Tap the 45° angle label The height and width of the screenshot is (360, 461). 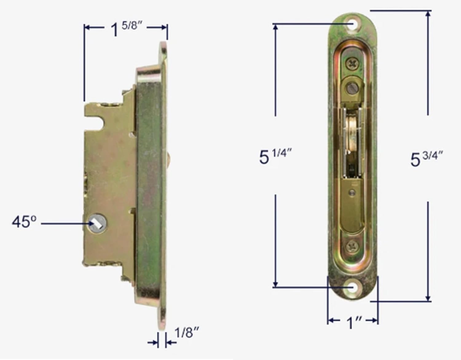click(24, 222)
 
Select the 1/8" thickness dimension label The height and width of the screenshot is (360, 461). click(187, 333)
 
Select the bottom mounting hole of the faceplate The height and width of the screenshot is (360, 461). click(353, 288)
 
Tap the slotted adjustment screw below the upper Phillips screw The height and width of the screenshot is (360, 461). click(352, 88)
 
